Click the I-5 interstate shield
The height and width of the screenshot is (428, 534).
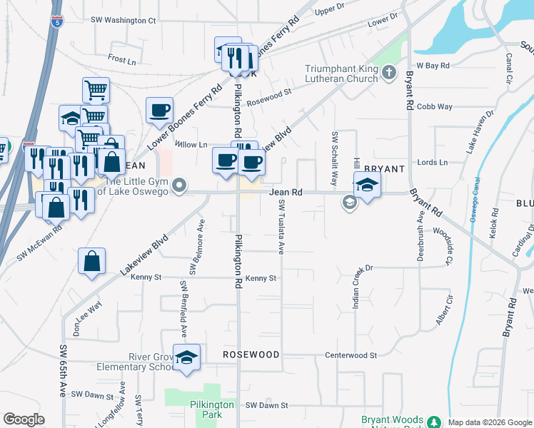pyautogui.click(x=57, y=22)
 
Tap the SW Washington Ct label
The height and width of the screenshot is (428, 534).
pyautogui.click(x=123, y=21)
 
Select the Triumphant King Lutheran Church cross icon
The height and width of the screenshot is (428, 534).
pyautogui.click(x=388, y=72)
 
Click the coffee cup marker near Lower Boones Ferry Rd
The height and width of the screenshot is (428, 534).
pyautogui.click(x=159, y=111)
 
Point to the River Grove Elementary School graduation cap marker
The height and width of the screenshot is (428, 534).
pyautogui.click(x=186, y=357)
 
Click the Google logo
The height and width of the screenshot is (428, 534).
pyautogui.click(x=24, y=419)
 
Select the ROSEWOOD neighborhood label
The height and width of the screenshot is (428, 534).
pyautogui.click(x=250, y=355)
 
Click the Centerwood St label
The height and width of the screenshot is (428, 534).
pyautogui.click(x=351, y=355)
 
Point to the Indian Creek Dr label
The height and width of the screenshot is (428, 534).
pyautogui.click(x=355, y=287)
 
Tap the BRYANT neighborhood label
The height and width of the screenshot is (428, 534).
pyautogui.click(x=384, y=169)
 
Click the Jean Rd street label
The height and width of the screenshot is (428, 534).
pyautogui.click(x=286, y=192)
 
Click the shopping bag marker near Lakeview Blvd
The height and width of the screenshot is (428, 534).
pyautogui.click(x=93, y=261)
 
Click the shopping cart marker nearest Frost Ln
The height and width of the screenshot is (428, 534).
pyautogui.click(x=96, y=91)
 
